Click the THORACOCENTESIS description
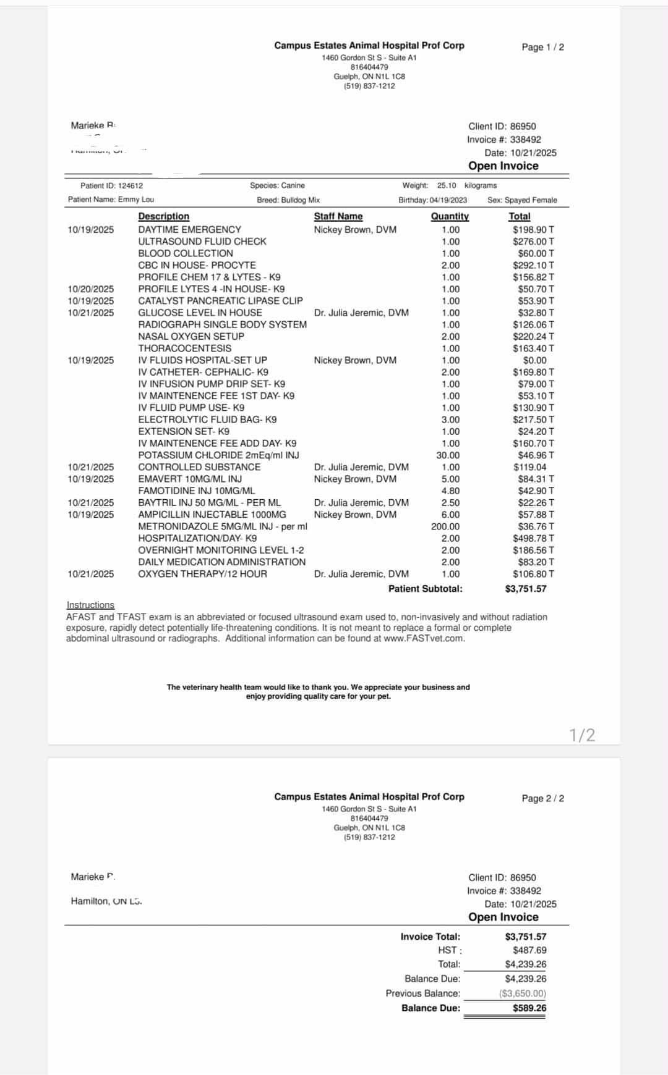(184, 348)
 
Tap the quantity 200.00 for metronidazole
(445, 526)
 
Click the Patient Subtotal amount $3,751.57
(526, 589)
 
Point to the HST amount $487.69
(529, 950)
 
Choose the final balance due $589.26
(529, 1008)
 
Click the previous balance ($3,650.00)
(523, 993)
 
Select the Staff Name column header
(338, 216)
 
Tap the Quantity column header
(450, 216)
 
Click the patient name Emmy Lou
(136, 200)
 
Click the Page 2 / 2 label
(542, 798)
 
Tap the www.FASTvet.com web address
(424, 638)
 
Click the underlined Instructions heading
(90, 605)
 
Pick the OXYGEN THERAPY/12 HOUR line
(202, 574)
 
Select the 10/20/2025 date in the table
(91, 289)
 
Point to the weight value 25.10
(447, 185)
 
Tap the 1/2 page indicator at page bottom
(582, 735)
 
